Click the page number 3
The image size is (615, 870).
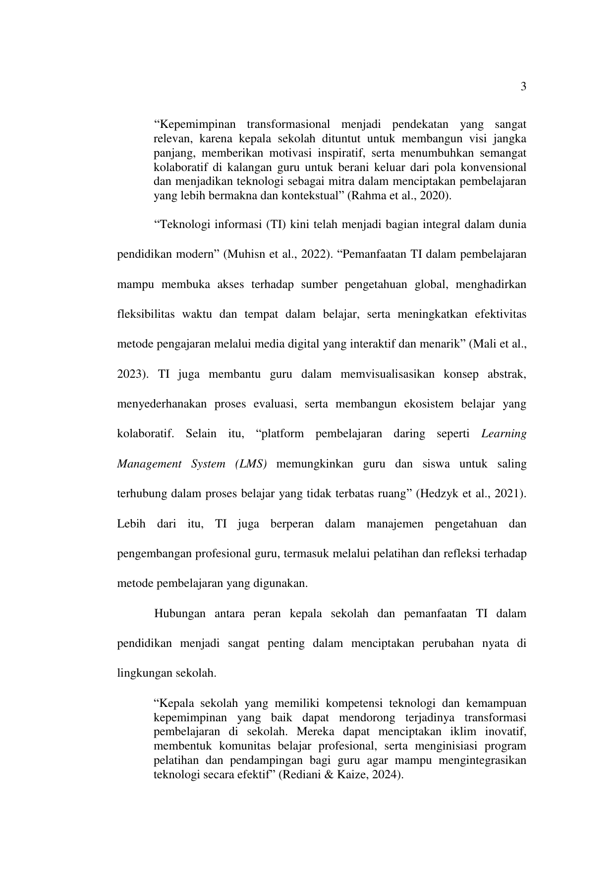tap(523, 87)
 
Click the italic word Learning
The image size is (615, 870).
tap(503, 434)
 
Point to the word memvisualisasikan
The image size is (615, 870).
tap(385, 374)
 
